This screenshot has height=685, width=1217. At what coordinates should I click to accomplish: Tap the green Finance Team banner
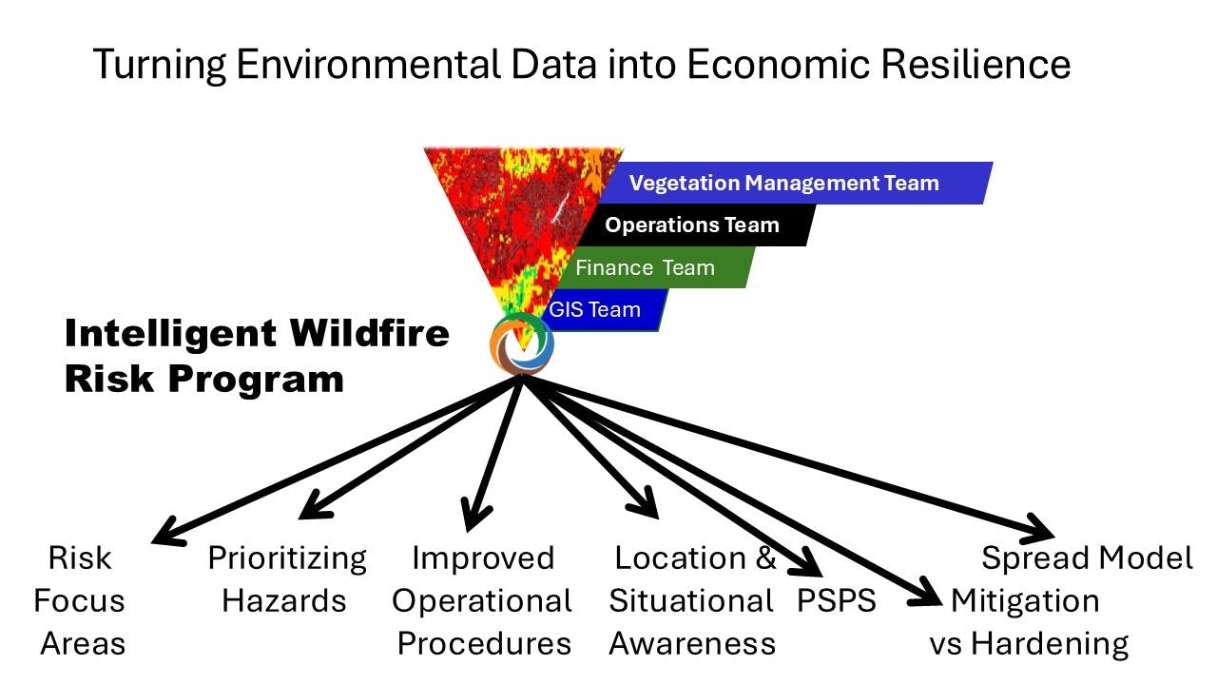pyautogui.click(x=656, y=267)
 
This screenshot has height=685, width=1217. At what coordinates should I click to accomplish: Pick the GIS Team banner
pyautogui.click(x=604, y=310)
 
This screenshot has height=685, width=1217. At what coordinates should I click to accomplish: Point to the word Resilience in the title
pyautogui.click(x=976, y=64)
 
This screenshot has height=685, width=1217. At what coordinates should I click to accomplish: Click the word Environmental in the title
pyautogui.click(x=368, y=64)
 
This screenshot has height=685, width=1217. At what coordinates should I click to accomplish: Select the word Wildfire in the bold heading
pyautogui.click(x=370, y=333)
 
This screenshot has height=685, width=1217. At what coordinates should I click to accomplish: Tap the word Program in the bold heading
pyautogui.click(x=256, y=380)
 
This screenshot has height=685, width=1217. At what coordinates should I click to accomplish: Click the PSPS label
pyautogui.click(x=836, y=600)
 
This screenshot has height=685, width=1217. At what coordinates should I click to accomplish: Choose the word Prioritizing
pyautogui.click(x=287, y=558)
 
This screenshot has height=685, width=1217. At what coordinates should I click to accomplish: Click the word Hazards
pyautogui.click(x=283, y=600)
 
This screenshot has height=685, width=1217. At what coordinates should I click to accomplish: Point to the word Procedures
pyautogui.click(x=484, y=644)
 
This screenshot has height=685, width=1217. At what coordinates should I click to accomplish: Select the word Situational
pyautogui.click(x=691, y=600)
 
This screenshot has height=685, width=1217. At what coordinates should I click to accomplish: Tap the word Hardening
pyautogui.click(x=1050, y=645)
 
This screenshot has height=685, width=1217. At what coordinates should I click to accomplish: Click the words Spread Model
pyautogui.click(x=1087, y=558)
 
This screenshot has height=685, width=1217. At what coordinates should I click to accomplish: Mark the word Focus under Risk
pyautogui.click(x=79, y=600)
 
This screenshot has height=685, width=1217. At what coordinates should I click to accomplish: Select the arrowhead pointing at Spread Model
pyautogui.click(x=1037, y=528)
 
